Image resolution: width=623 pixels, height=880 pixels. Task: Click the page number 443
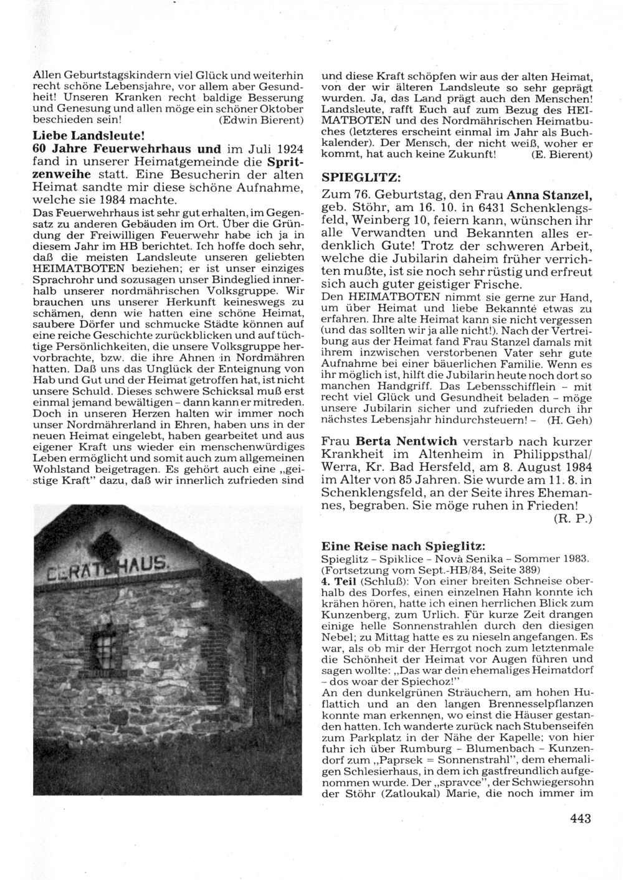580,818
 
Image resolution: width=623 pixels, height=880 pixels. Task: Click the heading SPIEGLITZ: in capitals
357,177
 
